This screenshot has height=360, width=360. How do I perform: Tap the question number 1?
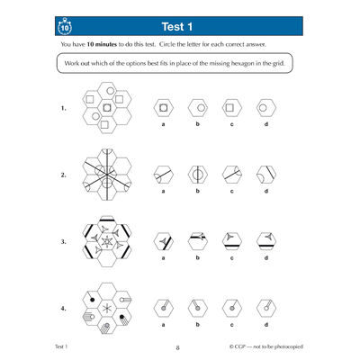[x=63, y=109]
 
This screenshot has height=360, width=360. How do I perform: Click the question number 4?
[x=63, y=310]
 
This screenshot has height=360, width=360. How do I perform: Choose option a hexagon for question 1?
[x=163, y=107]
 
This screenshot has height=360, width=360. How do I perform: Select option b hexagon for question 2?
[x=196, y=174]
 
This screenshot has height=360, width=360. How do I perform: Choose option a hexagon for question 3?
[x=163, y=241]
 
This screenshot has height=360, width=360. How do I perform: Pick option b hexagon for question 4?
[x=196, y=308]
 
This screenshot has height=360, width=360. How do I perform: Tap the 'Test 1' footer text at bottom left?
[x=66, y=346]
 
